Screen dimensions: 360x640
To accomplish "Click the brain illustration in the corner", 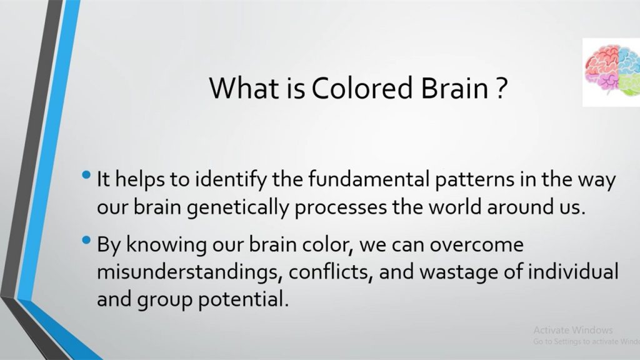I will click(612, 72).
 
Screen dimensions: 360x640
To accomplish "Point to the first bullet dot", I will click(86, 176).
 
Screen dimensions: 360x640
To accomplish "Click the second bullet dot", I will click(86, 240).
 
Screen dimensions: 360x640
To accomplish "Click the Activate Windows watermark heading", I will click(573, 330).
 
